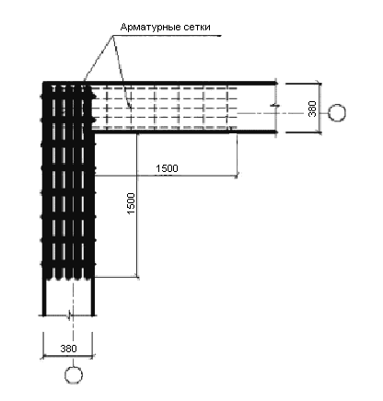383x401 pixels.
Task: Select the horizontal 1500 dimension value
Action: (x=167, y=168)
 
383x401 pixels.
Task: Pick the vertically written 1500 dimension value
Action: (x=131, y=203)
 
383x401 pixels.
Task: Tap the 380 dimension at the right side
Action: (x=312, y=109)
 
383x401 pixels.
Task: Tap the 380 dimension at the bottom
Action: (x=68, y=349)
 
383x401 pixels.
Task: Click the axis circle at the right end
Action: (x=337, y=113)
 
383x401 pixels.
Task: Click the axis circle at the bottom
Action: (x=74, y=374)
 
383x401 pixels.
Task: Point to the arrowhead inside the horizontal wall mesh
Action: (x=130, y=107)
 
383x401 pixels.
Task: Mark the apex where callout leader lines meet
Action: (x=112, y=36)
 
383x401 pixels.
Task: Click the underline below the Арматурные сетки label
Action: (x=167, y=36)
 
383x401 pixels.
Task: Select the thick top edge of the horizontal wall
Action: (x=159, y=83)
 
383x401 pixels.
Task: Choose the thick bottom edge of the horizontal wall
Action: (x=185, y=132)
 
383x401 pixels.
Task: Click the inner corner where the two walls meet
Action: (x=94, y=132)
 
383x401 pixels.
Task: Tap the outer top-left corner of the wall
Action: (x=43, y=82)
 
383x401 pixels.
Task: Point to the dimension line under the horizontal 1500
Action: (x=166, y=176)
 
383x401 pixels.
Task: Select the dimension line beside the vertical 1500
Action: (x=137, y=205)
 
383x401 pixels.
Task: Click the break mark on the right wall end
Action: (x=275, y=106)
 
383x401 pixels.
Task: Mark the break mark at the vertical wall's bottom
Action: (x=70, y=315)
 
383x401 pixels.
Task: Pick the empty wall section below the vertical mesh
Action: (x=68, y=297)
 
